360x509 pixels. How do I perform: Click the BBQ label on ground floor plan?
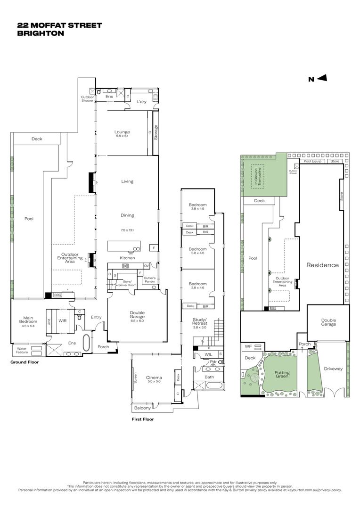[x=58, y=295]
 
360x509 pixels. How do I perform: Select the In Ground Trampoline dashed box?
[x=258, y=177]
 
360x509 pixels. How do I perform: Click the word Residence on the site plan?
[x=322, y=265]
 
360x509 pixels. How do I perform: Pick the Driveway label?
[x=333, y=369]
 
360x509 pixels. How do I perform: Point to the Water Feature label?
[x=22, y=351]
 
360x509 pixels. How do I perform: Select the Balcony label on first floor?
[x=143, y=408]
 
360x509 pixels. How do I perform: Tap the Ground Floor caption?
[x=25, y=362]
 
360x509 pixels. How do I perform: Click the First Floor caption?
[x=142, y=419]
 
